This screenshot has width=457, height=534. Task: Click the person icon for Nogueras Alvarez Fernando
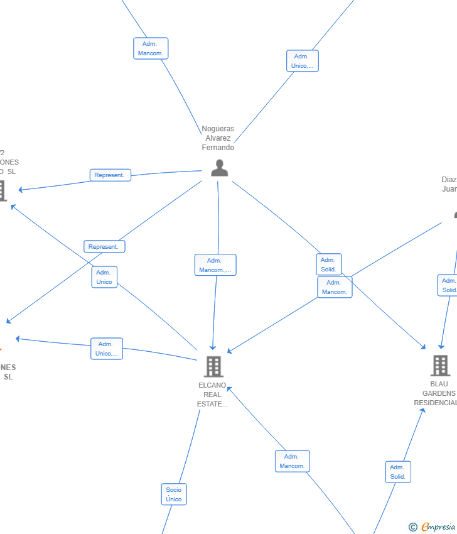click(219, 168)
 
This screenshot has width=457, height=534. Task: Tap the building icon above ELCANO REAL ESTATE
click(213, 366)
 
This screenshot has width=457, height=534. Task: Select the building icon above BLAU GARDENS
click(440, 365)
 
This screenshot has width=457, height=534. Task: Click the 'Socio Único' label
click(174, 494)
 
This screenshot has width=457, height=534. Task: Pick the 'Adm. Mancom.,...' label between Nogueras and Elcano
click(215, 265)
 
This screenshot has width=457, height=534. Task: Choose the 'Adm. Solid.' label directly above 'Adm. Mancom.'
click(329, 264)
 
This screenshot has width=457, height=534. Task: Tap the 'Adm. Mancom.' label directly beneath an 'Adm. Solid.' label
click(335, 287)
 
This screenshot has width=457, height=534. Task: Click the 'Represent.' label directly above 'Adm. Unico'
click(104, 247)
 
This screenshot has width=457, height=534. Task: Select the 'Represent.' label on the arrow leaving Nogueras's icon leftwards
click(110, 175)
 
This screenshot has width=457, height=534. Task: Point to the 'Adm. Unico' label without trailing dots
click(104, 277)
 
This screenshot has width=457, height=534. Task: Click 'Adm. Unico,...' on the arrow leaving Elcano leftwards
click(107, 349)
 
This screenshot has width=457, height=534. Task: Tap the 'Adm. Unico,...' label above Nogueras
click(302, 61)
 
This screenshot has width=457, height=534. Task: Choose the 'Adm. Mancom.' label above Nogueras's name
click(151, 48)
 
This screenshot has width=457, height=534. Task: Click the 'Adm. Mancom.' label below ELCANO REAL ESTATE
click(292, 461)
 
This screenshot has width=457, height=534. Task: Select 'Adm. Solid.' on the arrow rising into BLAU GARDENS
click(398, 472)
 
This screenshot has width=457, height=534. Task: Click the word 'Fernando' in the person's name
click(218, 148)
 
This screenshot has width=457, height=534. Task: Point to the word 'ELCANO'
click(212, 385)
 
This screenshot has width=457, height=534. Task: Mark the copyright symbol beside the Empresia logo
click(413, 527)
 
